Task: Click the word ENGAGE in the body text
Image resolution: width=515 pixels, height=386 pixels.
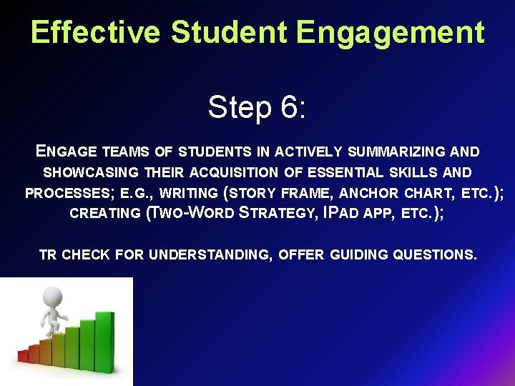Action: click(66, 152)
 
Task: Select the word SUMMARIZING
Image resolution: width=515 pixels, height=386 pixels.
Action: click(396, 152)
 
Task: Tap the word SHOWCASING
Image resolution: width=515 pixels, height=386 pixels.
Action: click(92, 172)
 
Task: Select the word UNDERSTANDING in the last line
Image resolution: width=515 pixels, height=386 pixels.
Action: click(213, 254)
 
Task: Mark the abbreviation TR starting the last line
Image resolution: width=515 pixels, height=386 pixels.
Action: click(48, 254)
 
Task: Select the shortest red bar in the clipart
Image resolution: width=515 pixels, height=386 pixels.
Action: click(23, 355)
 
